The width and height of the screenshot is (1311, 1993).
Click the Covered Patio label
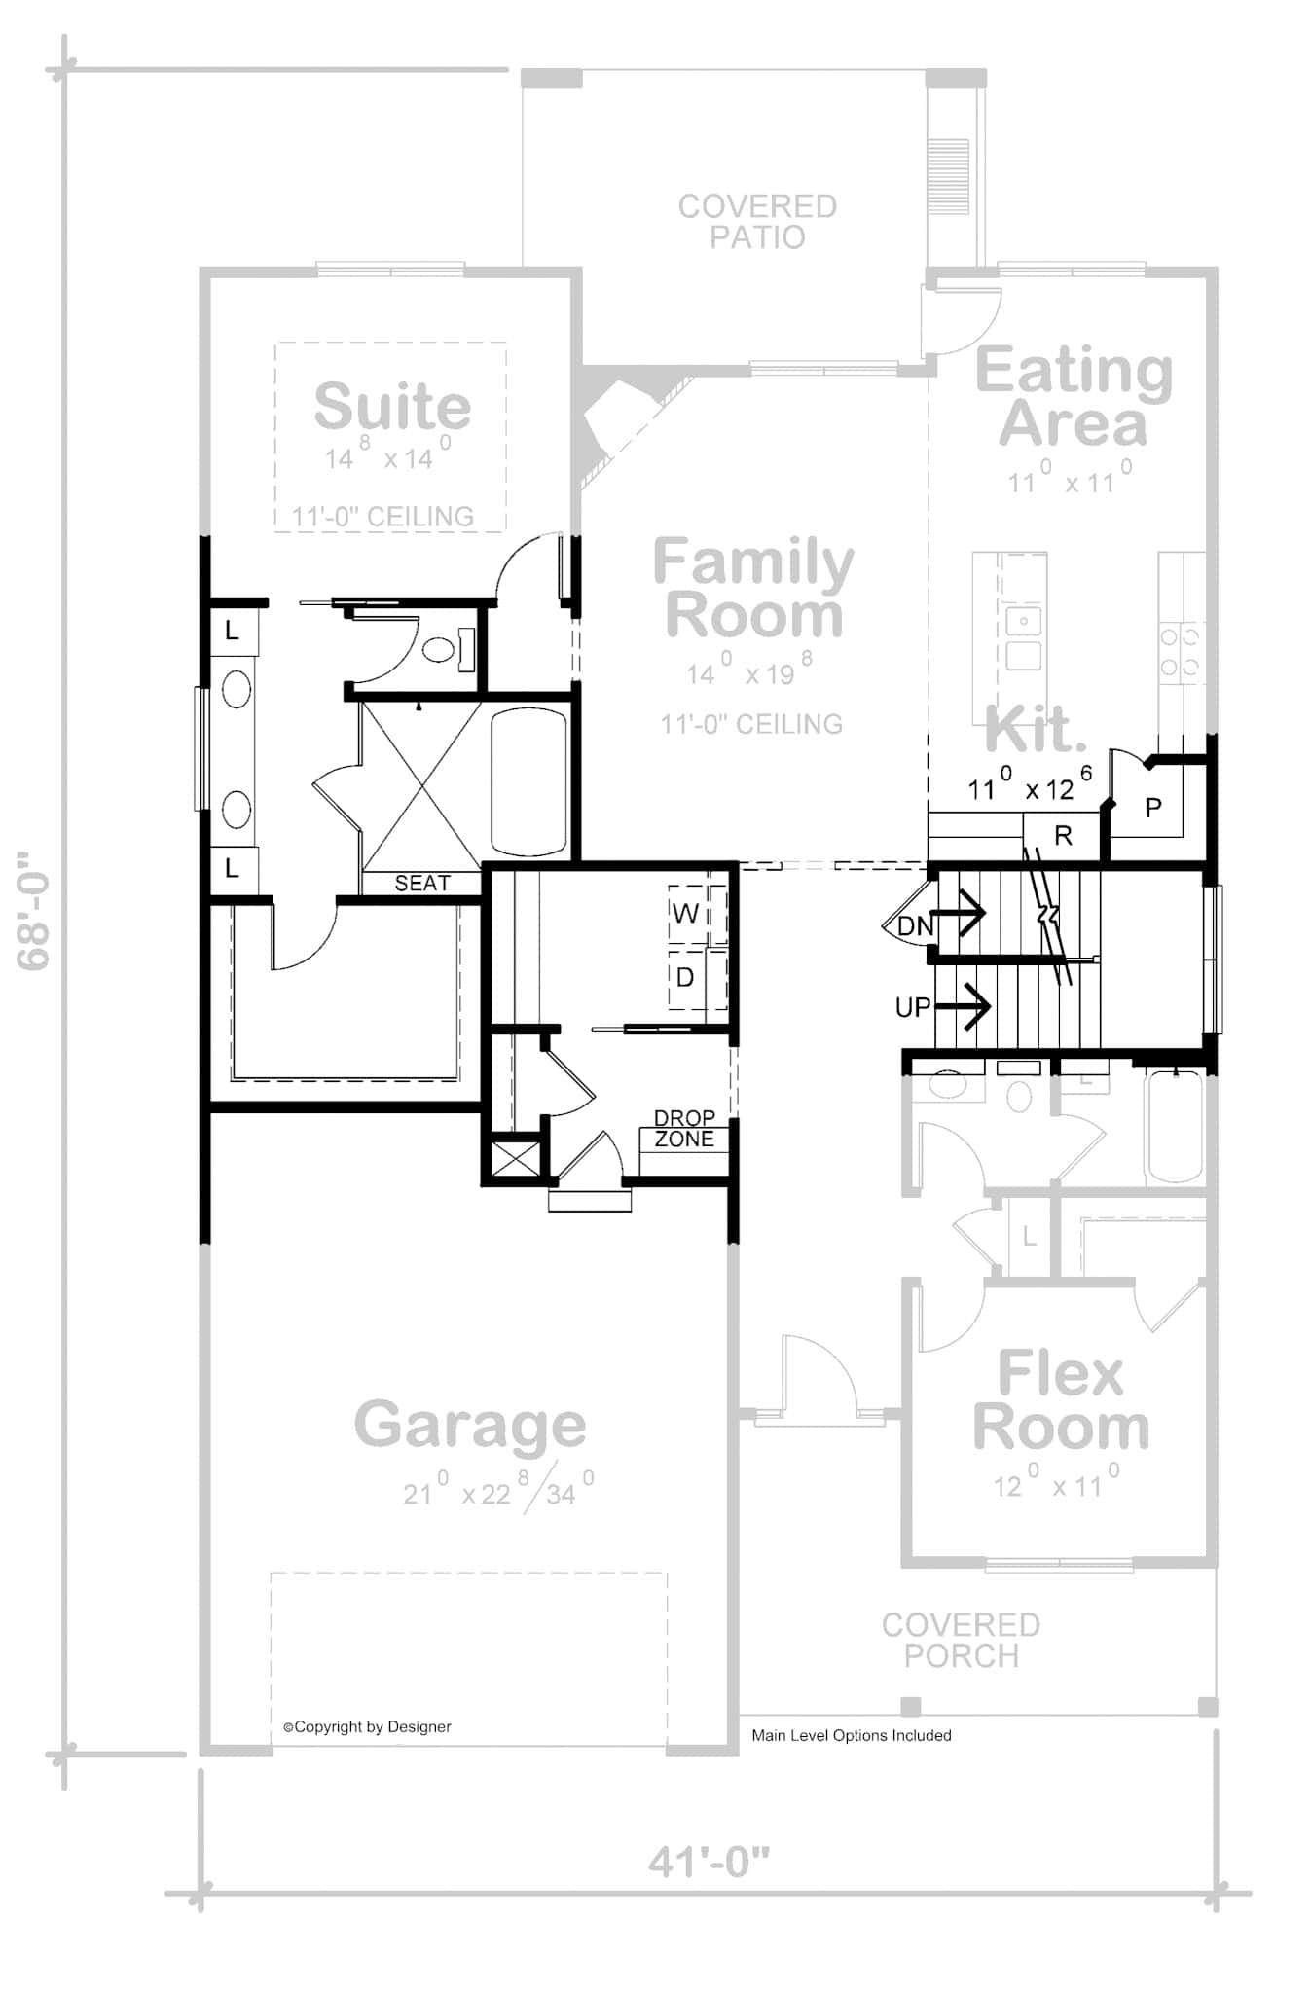tap(756, 222)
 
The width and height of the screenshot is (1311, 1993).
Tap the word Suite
tap(392, 407)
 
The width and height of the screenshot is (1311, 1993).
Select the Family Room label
tap(752, 589)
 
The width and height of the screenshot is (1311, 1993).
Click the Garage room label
tap(470, 1426)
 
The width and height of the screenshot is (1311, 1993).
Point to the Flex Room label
tap(1060, 1401)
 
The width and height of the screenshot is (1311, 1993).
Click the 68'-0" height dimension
tap(34, 911)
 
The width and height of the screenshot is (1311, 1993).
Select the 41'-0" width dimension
tap(709, 1863)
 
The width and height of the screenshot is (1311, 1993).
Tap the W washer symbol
tap(685, 913)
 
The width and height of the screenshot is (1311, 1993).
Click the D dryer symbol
tap(685, 977)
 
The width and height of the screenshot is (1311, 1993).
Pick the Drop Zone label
tap(683, 1129)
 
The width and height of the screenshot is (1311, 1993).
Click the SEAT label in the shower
tap(422, 883)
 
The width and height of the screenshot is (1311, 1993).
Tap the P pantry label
tap(1153, 808)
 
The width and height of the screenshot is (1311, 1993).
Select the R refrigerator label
tap(1063, 835)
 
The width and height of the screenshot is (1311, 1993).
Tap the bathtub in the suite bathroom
tap(528, 782)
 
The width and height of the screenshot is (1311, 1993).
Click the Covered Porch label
tap(961, 1641)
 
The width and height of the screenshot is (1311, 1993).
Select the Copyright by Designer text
tap(367, 1727)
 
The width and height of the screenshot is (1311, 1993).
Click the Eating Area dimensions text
tap(1070, 481)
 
